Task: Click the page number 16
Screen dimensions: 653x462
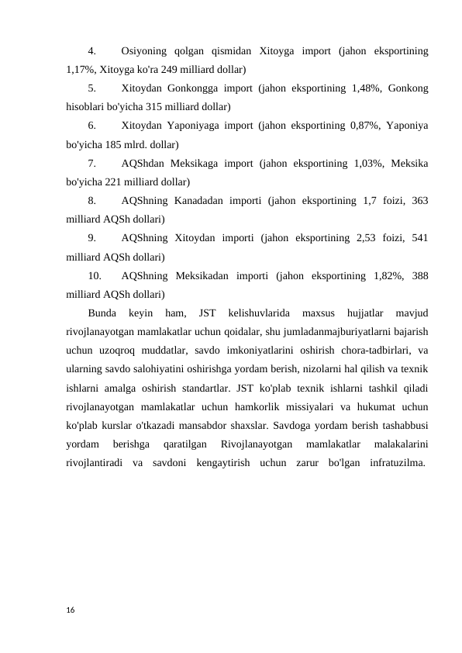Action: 70,610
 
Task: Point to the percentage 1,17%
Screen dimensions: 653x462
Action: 80,70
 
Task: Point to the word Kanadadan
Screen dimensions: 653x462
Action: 201,201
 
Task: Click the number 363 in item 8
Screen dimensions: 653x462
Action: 419,201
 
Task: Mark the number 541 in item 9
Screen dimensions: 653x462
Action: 419,237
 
